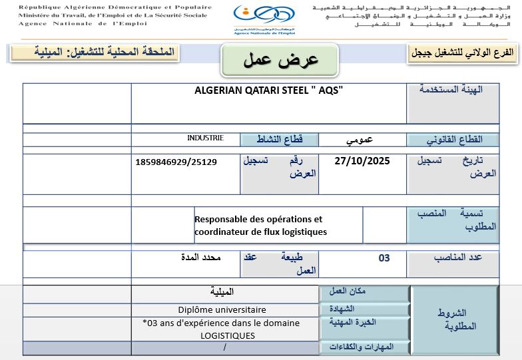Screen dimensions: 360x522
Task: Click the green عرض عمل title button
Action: click(x=280, y=60)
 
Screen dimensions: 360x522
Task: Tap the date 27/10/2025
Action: click(x=362, y=160)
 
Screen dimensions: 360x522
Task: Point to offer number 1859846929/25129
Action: click(x=175, y=162)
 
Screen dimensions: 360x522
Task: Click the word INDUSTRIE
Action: click(x=205, y=138)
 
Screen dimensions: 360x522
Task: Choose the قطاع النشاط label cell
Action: click(x=280, y=139)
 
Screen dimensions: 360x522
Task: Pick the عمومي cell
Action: click(x=362, y=140)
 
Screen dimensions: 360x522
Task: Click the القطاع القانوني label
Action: click(x=453, y=140)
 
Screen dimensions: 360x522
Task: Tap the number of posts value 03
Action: click(x=384, y=258)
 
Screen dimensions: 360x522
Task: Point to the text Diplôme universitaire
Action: click(x=222, y=309)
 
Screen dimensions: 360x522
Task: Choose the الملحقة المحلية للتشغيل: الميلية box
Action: click(x=95, y=53)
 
